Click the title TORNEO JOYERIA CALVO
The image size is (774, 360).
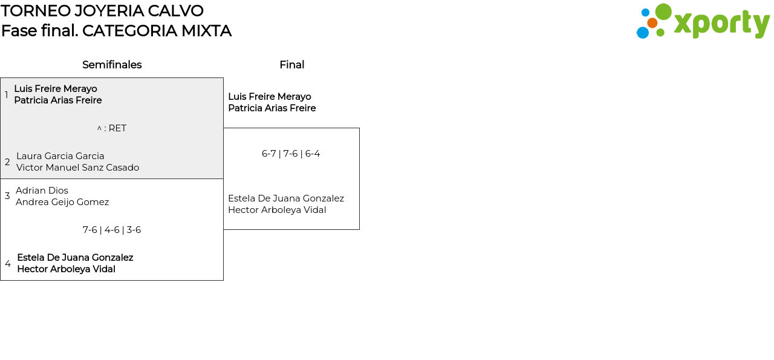(x=102, y=11)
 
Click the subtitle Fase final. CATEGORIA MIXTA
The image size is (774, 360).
(x=116, y=31)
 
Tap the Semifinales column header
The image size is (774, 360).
(x=112, y=65)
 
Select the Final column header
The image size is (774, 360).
(x=291, y=65)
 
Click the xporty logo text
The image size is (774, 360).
(x=721, y=24)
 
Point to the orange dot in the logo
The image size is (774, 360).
(x=652, y=23)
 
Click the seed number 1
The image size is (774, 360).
(x=7, y=95)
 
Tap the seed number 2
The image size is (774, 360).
(x=7, y=162)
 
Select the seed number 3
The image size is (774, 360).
(x=7, y=196)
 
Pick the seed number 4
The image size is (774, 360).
(x=8, y=264)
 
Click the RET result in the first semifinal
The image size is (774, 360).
(x=112, y=128)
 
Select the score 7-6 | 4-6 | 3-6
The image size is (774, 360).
(x=112, y=230)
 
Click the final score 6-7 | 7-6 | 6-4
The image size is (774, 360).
(x=291, y=154)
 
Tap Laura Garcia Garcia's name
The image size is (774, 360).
(x=60, y=156)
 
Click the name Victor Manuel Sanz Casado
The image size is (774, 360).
(x=77, y=168)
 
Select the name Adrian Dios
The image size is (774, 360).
(x=42, y=191)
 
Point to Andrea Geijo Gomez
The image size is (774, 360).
(x=62, y=202)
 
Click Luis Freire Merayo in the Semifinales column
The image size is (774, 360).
(x=56, y=89)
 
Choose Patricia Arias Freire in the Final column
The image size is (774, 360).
(x=272, y=108)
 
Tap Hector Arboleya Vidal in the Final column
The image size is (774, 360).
(x=277, y=210)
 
